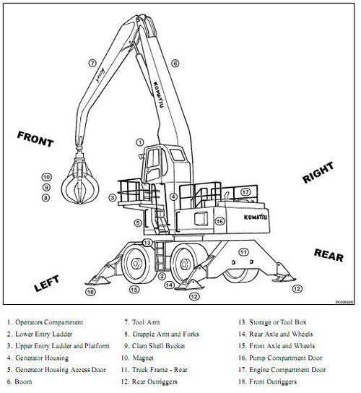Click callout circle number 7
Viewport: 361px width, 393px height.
(x=92, y=63)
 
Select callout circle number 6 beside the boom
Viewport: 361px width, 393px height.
(x=175, y=64)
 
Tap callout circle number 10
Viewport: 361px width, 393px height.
(x=45, y=177)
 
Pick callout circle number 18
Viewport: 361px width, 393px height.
(x=90, y=292)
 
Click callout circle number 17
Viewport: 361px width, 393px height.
(x=245, y=192)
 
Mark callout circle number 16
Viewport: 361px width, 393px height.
(x=221, y=221)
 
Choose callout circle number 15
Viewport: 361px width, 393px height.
(x=134, y=290)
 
